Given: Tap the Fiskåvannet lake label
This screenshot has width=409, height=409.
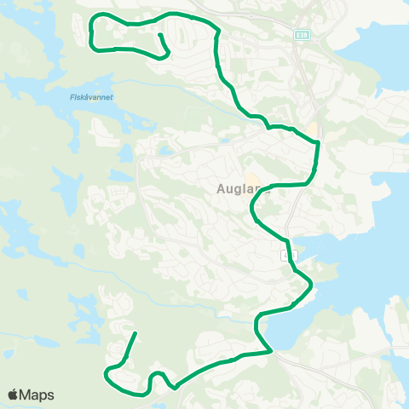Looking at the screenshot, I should (x=91, y=97).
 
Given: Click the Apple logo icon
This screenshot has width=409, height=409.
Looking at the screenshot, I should (x=14, y=395).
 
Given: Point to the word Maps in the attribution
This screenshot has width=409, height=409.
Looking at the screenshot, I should (x=37, y=395).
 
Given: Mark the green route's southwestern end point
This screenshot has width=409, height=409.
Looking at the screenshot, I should (x=135, y=333).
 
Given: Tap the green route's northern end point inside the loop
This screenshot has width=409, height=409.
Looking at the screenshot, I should (x=159, y=36).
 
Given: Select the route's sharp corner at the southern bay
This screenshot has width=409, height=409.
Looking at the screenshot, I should (x=271, y=349).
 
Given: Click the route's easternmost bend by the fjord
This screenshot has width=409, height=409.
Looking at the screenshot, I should (x=313, y=284).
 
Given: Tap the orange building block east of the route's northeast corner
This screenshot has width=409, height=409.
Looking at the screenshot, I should (x=313, y=130).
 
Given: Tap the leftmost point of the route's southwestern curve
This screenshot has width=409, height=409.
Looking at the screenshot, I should (x=105, y=372).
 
